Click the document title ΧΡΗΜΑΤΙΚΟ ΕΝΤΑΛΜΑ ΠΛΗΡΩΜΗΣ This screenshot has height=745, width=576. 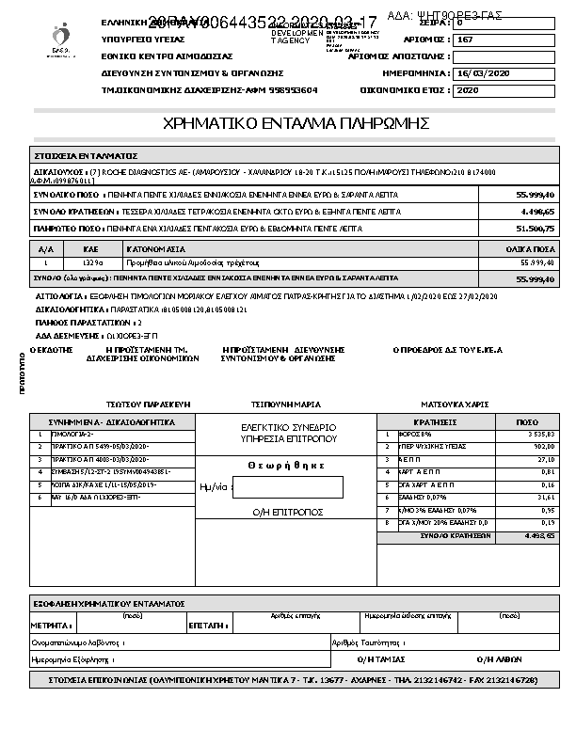[296, 123]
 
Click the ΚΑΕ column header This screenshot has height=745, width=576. [91, 249]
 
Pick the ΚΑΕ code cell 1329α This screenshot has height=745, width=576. [91, 263]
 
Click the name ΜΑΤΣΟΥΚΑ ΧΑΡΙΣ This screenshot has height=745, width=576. [456, 404]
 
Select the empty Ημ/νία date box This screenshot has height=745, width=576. [287, 487]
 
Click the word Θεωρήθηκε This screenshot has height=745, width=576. [286, 465]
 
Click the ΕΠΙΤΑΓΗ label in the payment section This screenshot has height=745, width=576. [204, 624]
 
